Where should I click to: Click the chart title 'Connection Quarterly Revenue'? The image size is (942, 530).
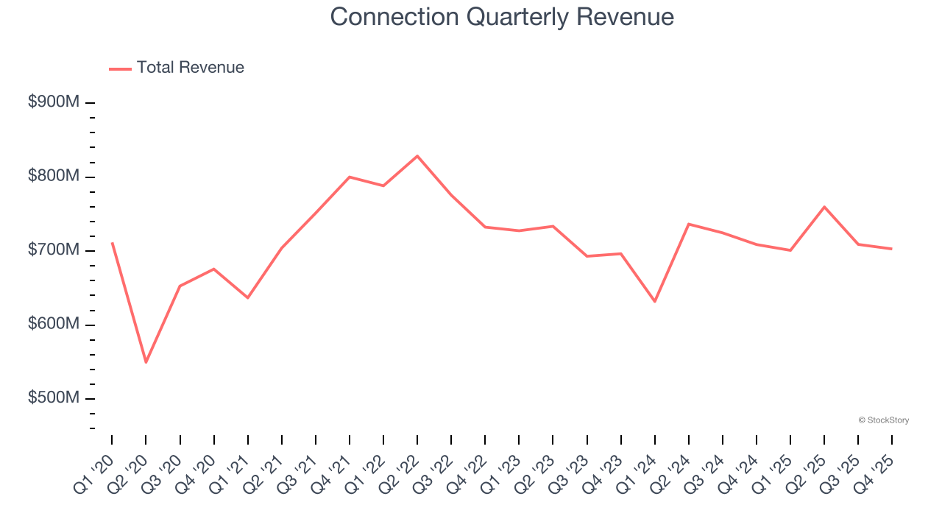(502, 17)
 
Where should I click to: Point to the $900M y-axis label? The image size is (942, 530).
(53, 102)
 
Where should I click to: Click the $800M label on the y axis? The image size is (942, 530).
(53, 177)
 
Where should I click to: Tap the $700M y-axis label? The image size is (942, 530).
(53, 250)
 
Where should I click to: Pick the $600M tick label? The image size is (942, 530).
(53, 325)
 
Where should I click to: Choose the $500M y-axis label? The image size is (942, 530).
(53, 398)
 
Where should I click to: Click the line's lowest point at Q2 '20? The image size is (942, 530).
(146, 362)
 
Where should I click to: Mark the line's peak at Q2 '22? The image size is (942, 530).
(417, 156)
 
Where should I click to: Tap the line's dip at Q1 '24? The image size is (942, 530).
(654, 302)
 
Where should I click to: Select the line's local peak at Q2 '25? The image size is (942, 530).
(824, 207)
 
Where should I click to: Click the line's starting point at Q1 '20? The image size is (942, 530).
(112, 243)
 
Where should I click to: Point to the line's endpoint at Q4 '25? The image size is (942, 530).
(892, 249)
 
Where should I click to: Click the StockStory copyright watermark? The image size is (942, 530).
(883, 420)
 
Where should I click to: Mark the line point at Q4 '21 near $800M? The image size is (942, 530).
(350, 177)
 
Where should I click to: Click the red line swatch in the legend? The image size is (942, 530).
(120, 68)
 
